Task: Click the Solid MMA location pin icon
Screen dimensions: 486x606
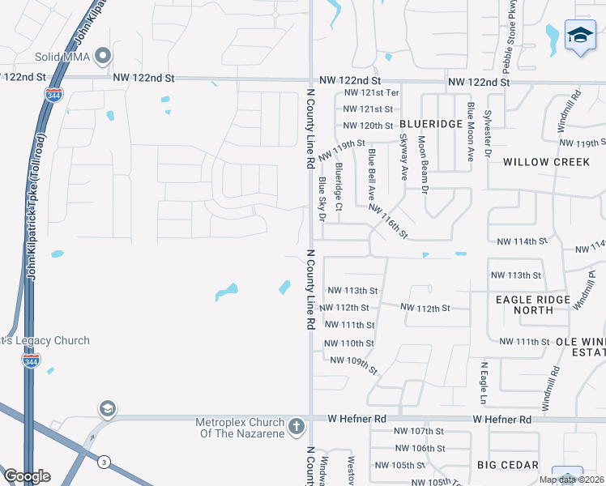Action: (102, 56)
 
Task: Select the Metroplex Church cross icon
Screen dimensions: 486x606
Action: (297, 424)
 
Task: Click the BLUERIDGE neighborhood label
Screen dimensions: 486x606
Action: (431, 124)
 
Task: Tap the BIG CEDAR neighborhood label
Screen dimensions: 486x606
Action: (508, 465)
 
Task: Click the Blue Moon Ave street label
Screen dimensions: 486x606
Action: (469, 132)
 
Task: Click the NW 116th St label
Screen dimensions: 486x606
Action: (389, 220)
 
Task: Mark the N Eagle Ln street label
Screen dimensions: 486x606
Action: (483, 385)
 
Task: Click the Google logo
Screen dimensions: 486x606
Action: (26, 475)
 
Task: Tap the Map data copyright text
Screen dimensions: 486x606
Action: (571, 480)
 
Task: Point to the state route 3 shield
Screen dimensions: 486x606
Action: (104, 462)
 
